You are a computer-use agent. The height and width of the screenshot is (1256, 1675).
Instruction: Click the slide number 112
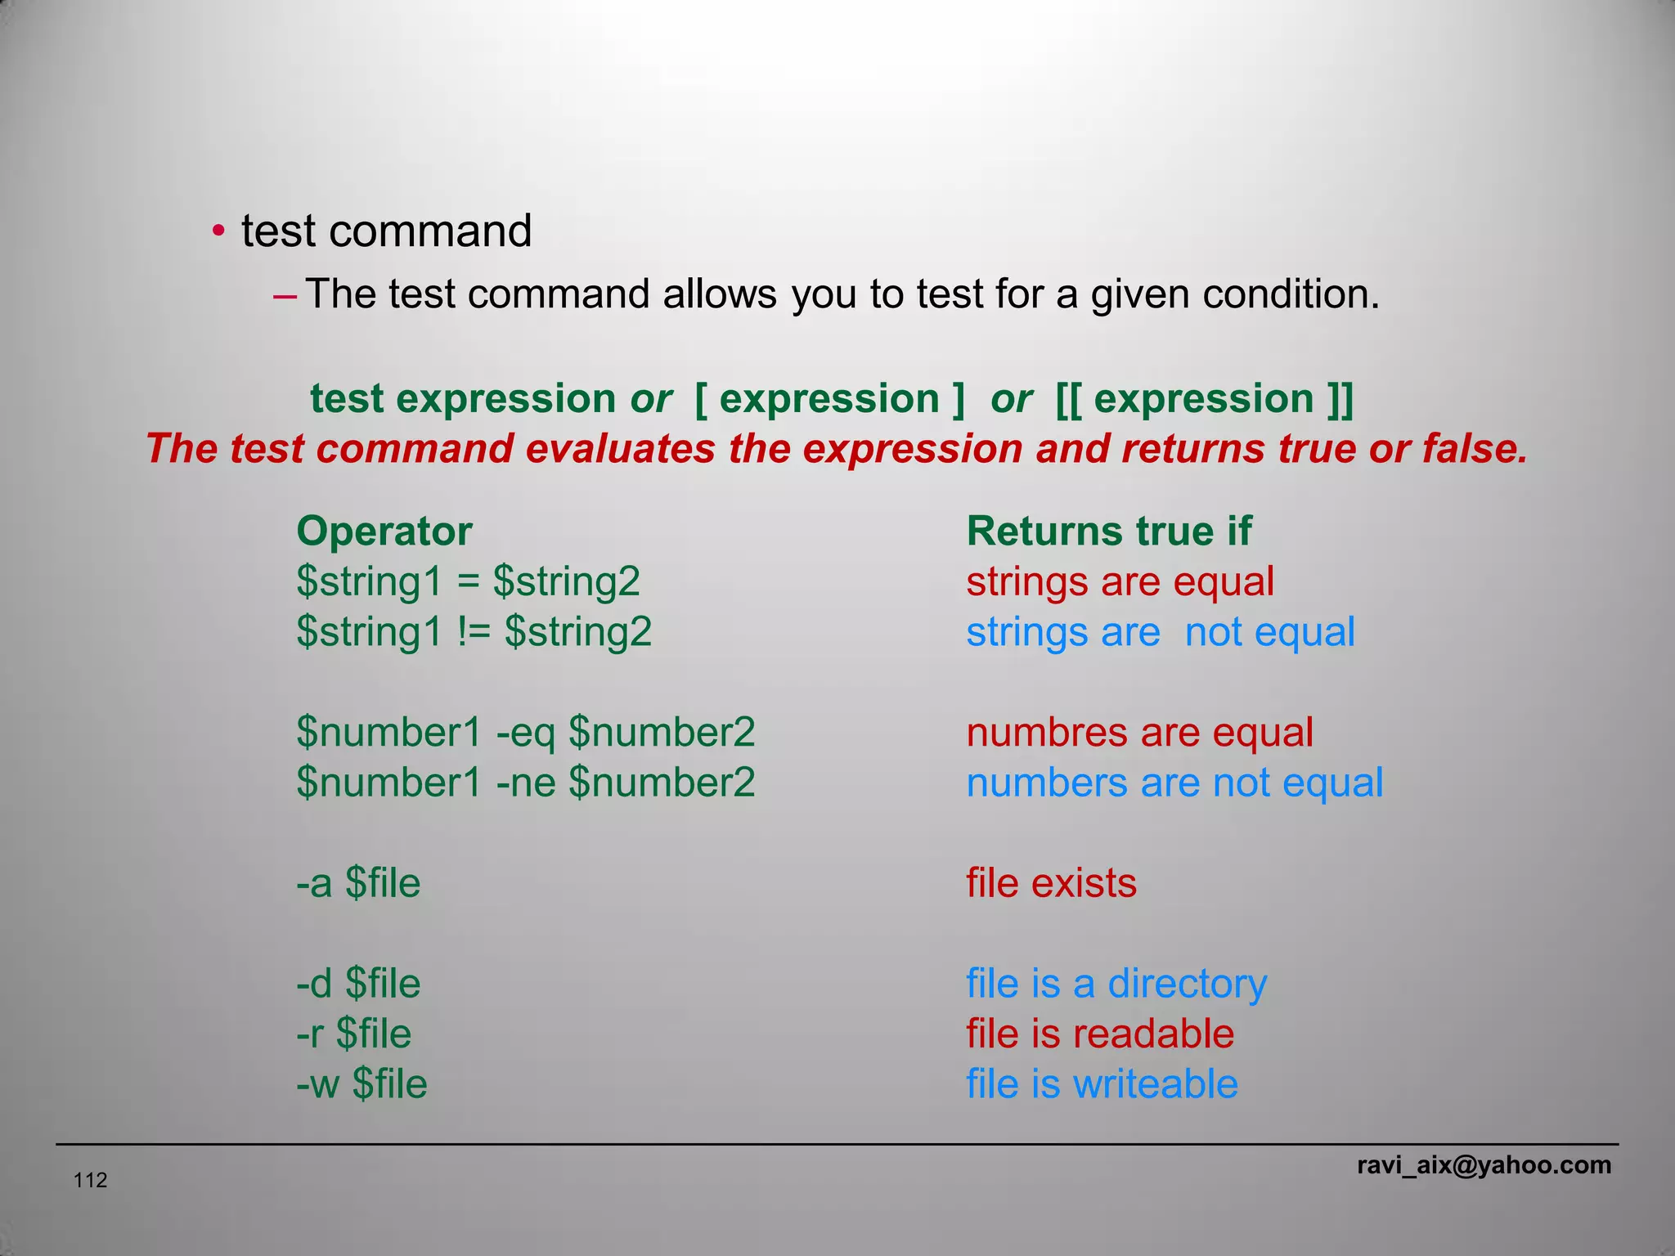[x=90, y=1180]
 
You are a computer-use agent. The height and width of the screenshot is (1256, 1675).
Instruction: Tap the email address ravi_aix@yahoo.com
[x=1484, y=1165]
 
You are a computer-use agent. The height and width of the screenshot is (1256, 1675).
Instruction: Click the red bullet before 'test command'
[x=218, y=231]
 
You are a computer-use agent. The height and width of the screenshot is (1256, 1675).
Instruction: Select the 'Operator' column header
[x=384, y=532]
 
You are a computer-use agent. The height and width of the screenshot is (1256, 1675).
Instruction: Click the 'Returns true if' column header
[x=1108, y=532]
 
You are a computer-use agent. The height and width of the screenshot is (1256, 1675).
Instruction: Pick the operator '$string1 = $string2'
[x=468, y=582]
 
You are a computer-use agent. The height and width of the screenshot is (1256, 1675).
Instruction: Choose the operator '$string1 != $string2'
[x=474, y=632]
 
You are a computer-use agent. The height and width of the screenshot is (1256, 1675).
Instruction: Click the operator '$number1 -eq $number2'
[x=525, y=733]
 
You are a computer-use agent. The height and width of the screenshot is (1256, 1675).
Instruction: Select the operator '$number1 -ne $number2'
[x=525, y=783]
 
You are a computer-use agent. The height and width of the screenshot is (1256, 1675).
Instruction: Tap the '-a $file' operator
[x=358, y=883]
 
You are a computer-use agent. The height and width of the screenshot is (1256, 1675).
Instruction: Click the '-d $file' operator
[x=358, y=984]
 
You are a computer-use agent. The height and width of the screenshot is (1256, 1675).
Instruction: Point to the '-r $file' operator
[x=353, y=1034]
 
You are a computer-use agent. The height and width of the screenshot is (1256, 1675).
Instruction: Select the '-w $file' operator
[x=361, y=1084]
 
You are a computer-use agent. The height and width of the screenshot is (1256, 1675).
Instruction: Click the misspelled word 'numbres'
[x=1026, y=733]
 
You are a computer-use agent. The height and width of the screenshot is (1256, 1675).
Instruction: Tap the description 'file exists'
[x=1051, y=883]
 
